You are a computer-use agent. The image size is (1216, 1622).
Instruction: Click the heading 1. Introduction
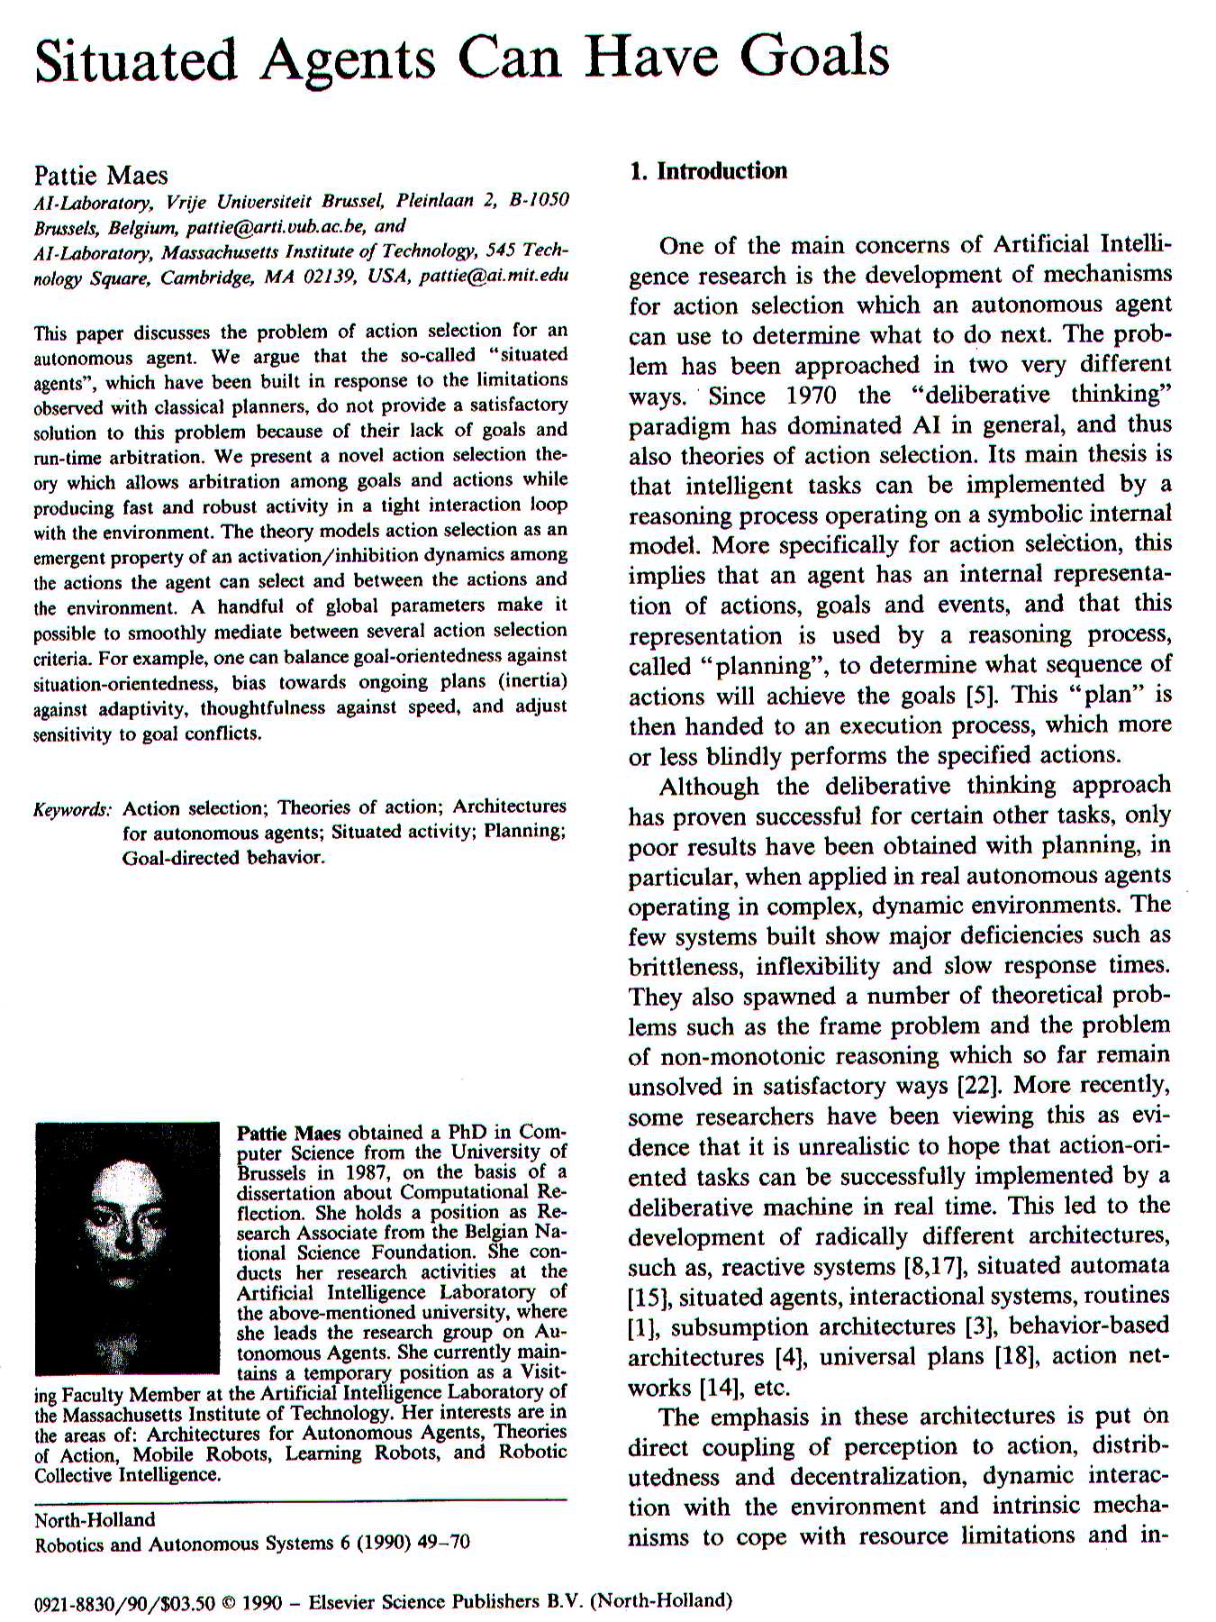tap(708, 171)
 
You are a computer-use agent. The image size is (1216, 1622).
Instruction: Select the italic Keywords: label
tap(72, 808)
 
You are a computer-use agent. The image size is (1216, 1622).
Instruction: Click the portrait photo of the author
tap(127, 1247)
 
